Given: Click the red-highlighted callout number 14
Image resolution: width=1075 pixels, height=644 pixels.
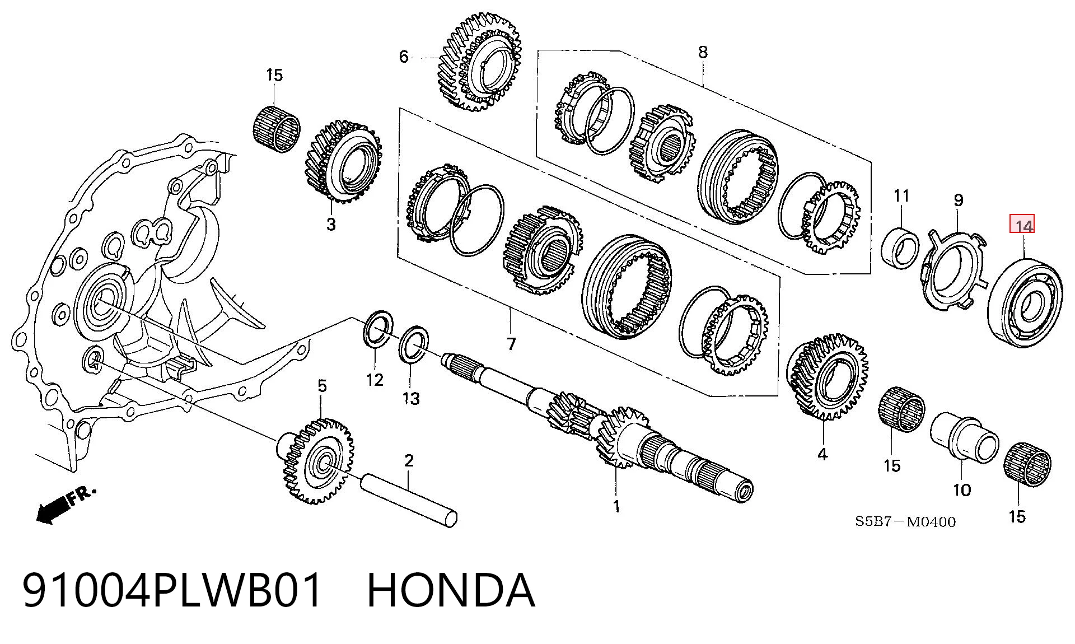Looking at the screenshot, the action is (1022, 225).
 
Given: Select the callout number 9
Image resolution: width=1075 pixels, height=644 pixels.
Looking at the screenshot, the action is (958, 200).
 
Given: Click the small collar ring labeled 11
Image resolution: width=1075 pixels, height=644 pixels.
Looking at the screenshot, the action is (900, 247).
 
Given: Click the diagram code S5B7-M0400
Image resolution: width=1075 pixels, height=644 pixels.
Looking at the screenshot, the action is (905, 522).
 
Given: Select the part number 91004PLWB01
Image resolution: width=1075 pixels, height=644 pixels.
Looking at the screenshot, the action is (173, 590).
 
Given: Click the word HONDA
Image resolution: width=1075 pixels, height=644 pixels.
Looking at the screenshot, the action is (451, 590).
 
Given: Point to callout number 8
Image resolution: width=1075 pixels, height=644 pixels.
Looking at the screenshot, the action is (702, 52).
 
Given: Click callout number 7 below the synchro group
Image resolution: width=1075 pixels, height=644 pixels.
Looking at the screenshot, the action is (511, 343).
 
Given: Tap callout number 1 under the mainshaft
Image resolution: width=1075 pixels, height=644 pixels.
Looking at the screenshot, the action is (616, 506).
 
